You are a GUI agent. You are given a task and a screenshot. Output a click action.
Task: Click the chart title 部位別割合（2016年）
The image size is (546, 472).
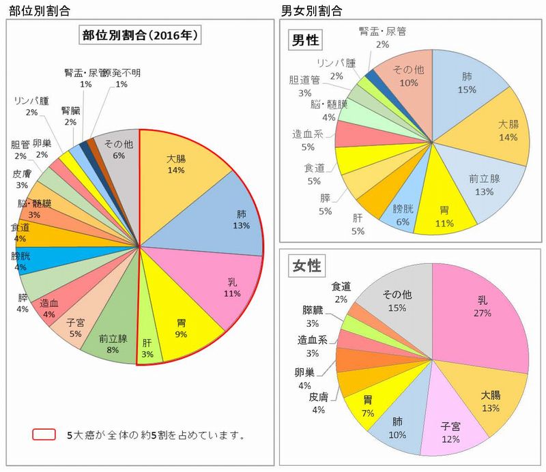tap(139, 36)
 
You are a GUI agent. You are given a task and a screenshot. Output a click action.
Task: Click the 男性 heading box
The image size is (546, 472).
tap(305, 40)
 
